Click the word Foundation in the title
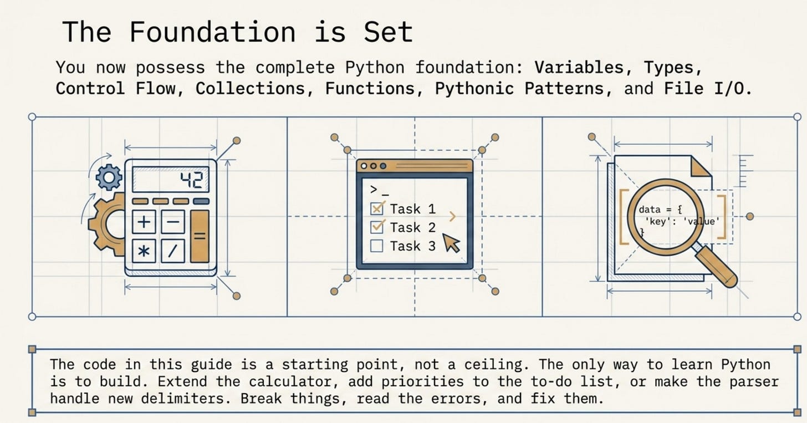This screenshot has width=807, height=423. tap(212, 32)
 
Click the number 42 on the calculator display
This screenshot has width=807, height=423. tap(192, 180)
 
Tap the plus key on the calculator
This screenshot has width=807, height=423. tap(144, 222)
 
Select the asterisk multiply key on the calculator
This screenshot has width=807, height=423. tap(144, 251)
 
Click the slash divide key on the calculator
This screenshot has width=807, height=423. tap(173, 251)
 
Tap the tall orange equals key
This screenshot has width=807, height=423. tap(200, 236)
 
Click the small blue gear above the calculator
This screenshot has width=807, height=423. tap(109, 177)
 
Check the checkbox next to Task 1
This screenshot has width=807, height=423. tap(377, 208)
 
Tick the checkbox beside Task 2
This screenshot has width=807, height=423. tap(377, 227)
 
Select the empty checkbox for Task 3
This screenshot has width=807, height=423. tap(377, 246)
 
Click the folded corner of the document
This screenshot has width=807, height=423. tap(701, 166)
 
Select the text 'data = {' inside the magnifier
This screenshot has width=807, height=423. tap(660, 210)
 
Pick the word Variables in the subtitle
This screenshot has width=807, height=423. tap(579, 68)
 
